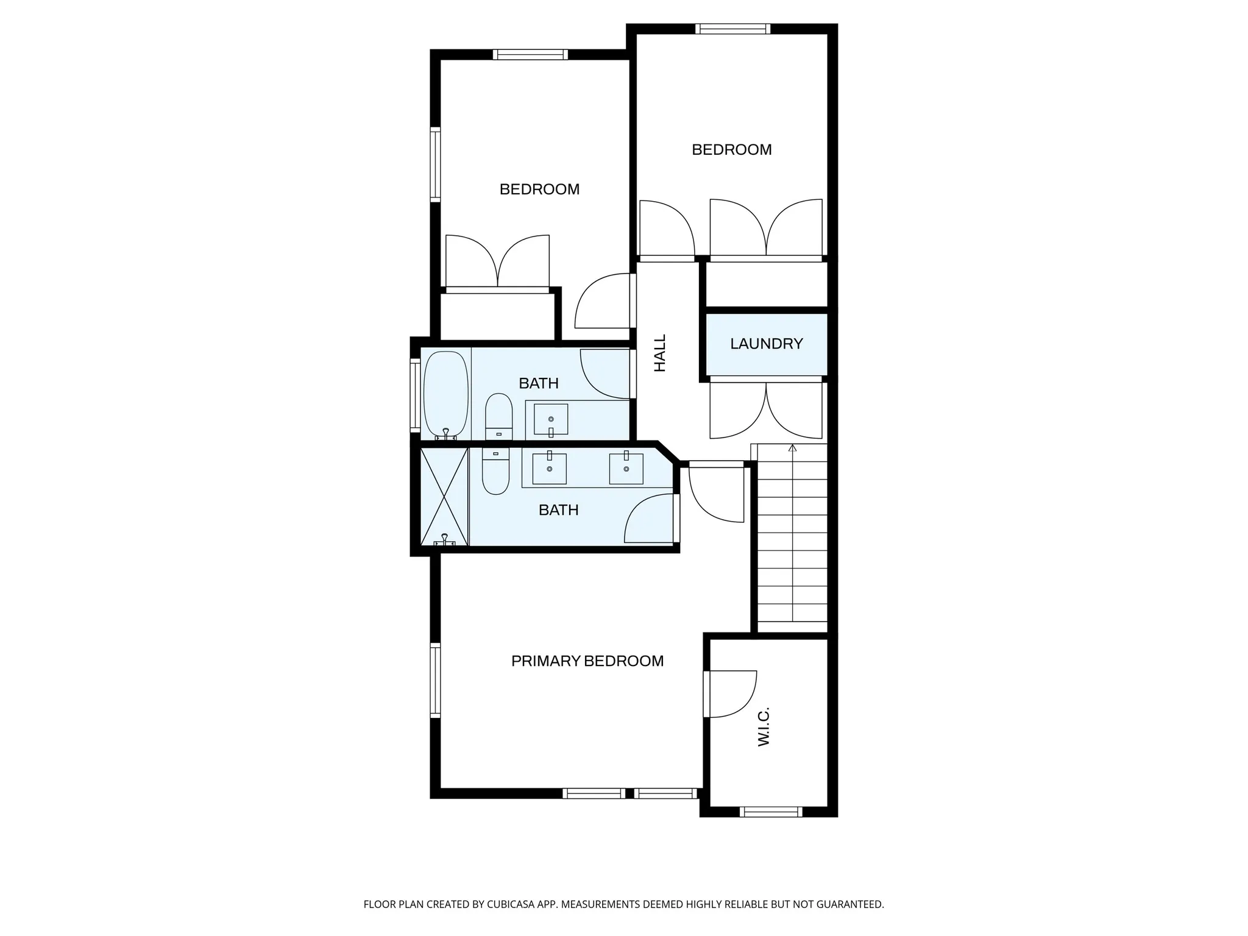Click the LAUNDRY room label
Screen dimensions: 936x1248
[766, 344]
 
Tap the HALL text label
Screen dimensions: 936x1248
[660, 353]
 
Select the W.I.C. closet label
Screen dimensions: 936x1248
[764, 726]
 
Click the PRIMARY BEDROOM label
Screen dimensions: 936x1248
[587, 661]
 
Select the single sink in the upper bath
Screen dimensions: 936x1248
[551, 419]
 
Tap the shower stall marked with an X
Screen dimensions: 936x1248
[444, 497]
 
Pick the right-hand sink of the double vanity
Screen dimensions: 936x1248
[626, 469]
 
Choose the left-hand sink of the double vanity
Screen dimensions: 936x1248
[549, 469]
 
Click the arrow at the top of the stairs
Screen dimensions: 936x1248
[792, 448]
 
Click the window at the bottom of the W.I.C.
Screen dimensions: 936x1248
[770, 812]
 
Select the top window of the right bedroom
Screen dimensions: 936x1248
[732, 29]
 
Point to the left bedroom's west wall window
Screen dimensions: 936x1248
[435, 165]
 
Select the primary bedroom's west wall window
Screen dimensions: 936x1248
[435, 680]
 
